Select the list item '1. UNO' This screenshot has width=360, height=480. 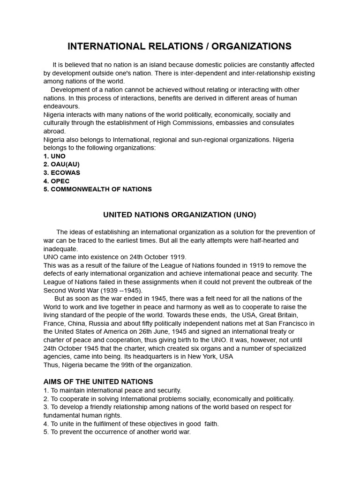pyautogui.click(x=54, y=156)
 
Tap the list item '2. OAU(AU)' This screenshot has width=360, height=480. pyautogui.click(x=61, y=165)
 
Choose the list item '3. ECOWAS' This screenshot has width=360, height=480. pyautogui.click(x=62, y=172)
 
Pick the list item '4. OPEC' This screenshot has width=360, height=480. pyautogui.click(x=56, y=181)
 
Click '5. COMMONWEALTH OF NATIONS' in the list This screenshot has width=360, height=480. pyautogui.click(x=97, y=189)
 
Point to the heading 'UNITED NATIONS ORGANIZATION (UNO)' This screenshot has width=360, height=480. pyautogui.click(x=180, y=215)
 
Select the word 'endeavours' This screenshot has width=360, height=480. pyautogui.click(x=62, y=106)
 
